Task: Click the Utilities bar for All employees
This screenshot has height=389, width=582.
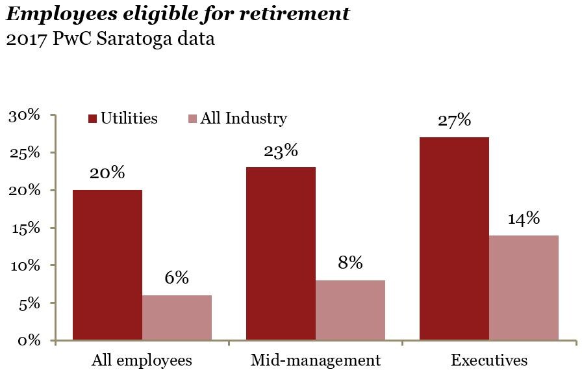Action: point(107,265)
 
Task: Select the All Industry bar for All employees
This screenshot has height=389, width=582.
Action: point(177,317)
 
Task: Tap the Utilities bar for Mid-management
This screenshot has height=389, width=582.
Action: point(281,254)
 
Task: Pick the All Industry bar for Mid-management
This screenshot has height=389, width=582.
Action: point(350,310)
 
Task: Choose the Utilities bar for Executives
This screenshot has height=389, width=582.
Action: point(454,239)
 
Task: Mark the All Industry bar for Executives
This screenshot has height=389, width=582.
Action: point(524,288)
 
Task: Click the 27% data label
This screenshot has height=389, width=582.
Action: point(454,122)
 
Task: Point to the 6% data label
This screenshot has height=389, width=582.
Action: point(177,278)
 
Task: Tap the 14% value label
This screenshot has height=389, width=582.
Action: point(524,219)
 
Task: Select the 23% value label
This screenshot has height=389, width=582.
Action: point(281,152)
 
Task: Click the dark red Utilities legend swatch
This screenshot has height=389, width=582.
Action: point(92,119)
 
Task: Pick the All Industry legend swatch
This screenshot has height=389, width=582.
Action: point(193,119)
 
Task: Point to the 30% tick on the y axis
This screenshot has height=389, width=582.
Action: point(25,116)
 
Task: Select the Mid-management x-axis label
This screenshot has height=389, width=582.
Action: point(316,360)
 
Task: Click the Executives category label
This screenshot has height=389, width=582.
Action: point(489,360)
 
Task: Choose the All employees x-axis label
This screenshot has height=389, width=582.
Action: point(142,360)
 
